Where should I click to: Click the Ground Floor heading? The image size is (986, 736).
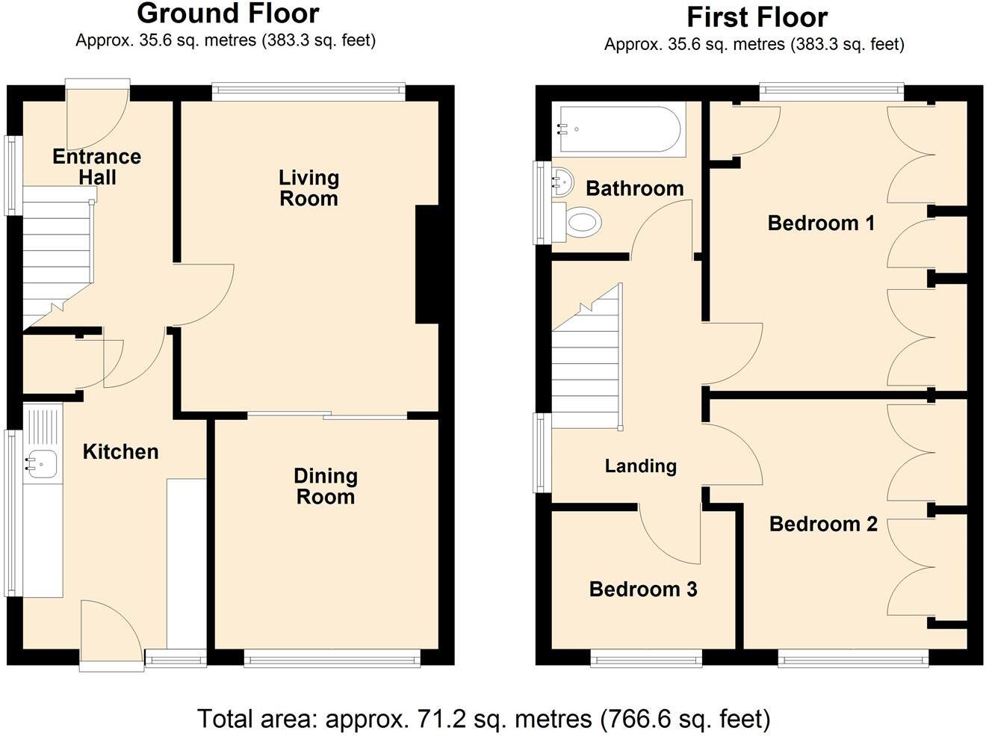coord(228,13)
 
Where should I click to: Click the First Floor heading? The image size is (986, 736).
coord(757,17)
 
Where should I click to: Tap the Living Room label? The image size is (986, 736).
coord(308,188)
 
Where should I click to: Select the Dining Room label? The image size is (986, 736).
coord(326,486)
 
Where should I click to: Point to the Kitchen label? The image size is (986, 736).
coord(121,451)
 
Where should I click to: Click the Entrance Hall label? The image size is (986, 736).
coord(97,167)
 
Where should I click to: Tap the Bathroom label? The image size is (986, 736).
coord(635,188)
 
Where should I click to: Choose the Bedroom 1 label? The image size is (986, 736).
coord(821,223)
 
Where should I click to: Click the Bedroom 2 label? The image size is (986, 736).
coord(823,525)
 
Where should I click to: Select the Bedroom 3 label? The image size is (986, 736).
coord(643,590)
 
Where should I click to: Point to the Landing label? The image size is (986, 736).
coord(641,466)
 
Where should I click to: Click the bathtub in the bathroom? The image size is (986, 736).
coord(619,129)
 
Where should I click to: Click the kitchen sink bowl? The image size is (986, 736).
coord(41,464)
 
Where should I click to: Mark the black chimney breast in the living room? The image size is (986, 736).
coord(428,265)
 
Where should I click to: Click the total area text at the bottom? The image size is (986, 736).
coord(484,718)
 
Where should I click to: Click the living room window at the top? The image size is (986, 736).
coord(308,92)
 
